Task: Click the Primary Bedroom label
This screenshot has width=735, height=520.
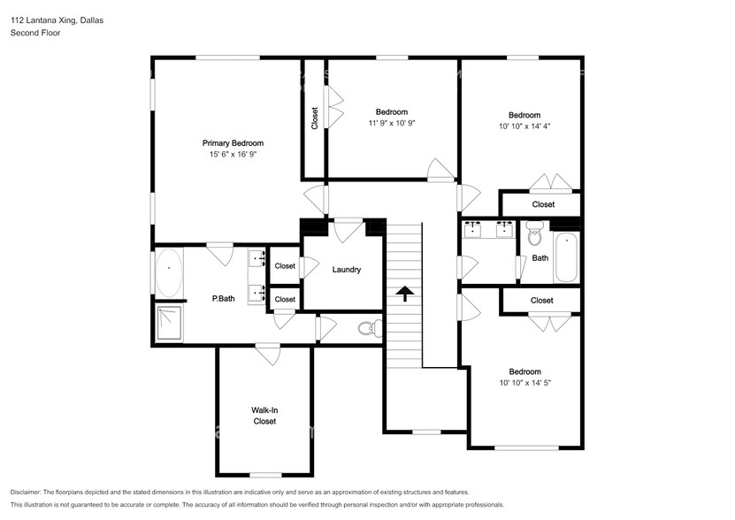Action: tap(233, 143)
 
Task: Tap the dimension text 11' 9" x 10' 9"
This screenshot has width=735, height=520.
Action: tap(391, 124)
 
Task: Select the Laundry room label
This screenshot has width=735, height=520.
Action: tap(346, 270)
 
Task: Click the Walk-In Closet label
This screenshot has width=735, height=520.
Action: tap(264, 416)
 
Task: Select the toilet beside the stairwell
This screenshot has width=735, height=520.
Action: tap(368, 329)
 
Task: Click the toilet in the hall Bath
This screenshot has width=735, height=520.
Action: tap(534, 235)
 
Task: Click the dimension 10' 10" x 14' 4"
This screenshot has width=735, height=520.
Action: tap(524, 126)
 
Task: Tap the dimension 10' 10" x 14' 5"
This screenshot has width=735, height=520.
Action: tap(524, 383)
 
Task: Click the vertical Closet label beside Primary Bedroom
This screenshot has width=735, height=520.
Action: tap(315, 119)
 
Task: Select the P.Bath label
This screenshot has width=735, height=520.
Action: tap(223, 299)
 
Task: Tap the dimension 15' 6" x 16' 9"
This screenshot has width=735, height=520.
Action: tap(233, 155)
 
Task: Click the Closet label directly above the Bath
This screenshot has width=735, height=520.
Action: tap(543, 204)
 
